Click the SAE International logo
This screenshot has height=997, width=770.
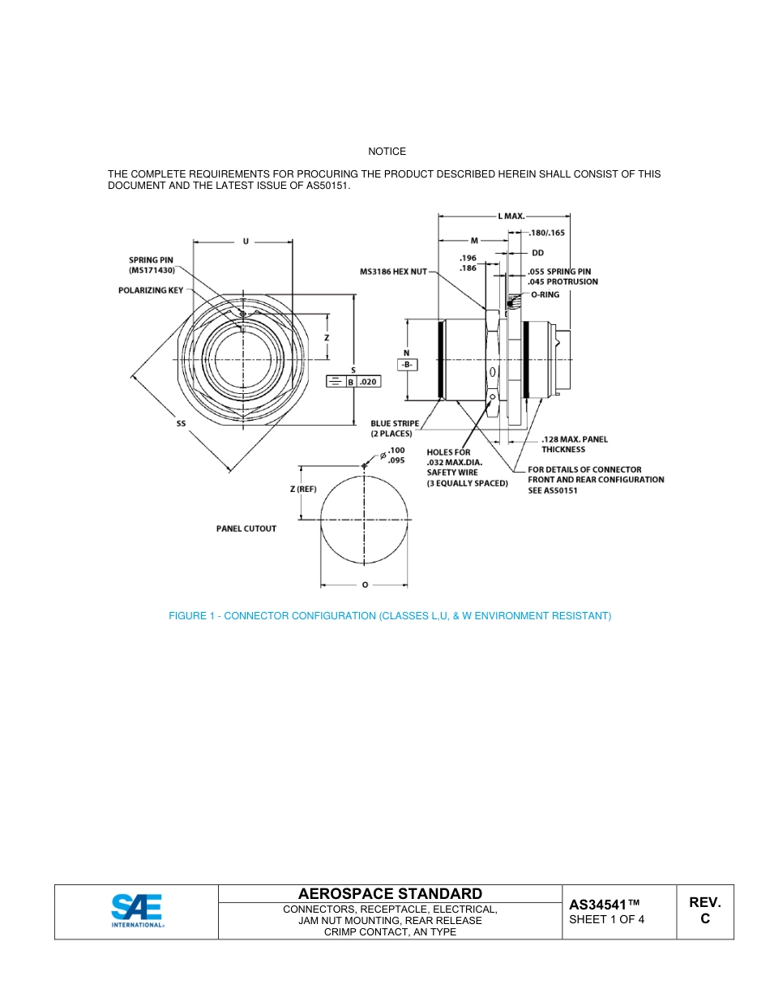(x=137, y=911)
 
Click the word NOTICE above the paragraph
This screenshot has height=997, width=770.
(x=387, y=152)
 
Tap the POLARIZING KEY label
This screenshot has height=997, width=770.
(x=151, y=290)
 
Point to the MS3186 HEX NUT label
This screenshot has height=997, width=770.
(x=393, y=272)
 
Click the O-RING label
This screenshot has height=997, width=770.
(x=545, y=295)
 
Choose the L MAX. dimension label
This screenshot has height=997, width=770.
(x=511, y=216)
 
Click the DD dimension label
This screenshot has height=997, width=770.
(x=537, y=253)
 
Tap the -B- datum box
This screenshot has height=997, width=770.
(x=406, y=365)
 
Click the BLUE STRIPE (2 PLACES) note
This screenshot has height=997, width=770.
(x=395, y=428)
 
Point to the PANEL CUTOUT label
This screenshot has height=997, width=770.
(x=246, y=528)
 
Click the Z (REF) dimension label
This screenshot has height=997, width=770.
(x=302, y=490)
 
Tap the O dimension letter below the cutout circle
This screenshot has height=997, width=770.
(x=365, y=584)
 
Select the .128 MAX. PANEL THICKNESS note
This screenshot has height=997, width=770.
(x=574, y=444)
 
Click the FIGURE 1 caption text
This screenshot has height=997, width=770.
(x=389, y=616)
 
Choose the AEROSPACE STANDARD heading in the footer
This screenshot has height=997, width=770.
(x=390, y=893)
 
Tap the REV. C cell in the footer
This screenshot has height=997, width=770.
(x=704, y=911)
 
